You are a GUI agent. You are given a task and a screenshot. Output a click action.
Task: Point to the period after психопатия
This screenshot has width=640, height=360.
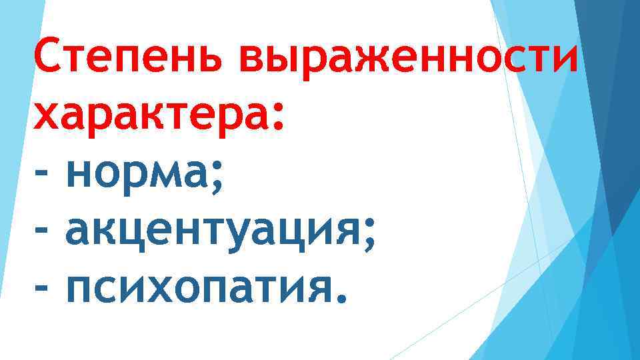(341, 297)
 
